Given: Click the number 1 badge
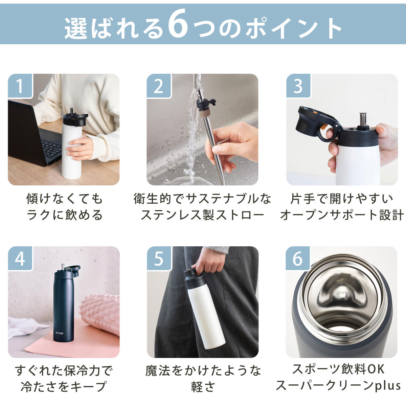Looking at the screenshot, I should [x=20, y=86].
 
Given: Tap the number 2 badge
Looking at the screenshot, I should [x=159, y=86].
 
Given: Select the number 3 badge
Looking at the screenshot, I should [x=298, y=86].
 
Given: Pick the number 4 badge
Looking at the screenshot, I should [x=20, y=258].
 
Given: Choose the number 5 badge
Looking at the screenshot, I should [x=159, y=258].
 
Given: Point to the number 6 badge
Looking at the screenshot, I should [x=298, y=258].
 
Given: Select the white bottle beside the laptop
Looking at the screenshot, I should [x=72, y=149].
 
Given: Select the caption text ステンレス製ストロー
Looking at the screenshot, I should [x=202, y=215].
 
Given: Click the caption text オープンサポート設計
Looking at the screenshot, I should [x=342, y=215].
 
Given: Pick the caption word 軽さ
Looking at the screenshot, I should [x=203, y=386].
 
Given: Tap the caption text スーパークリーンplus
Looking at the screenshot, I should [x=338, y=386].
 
